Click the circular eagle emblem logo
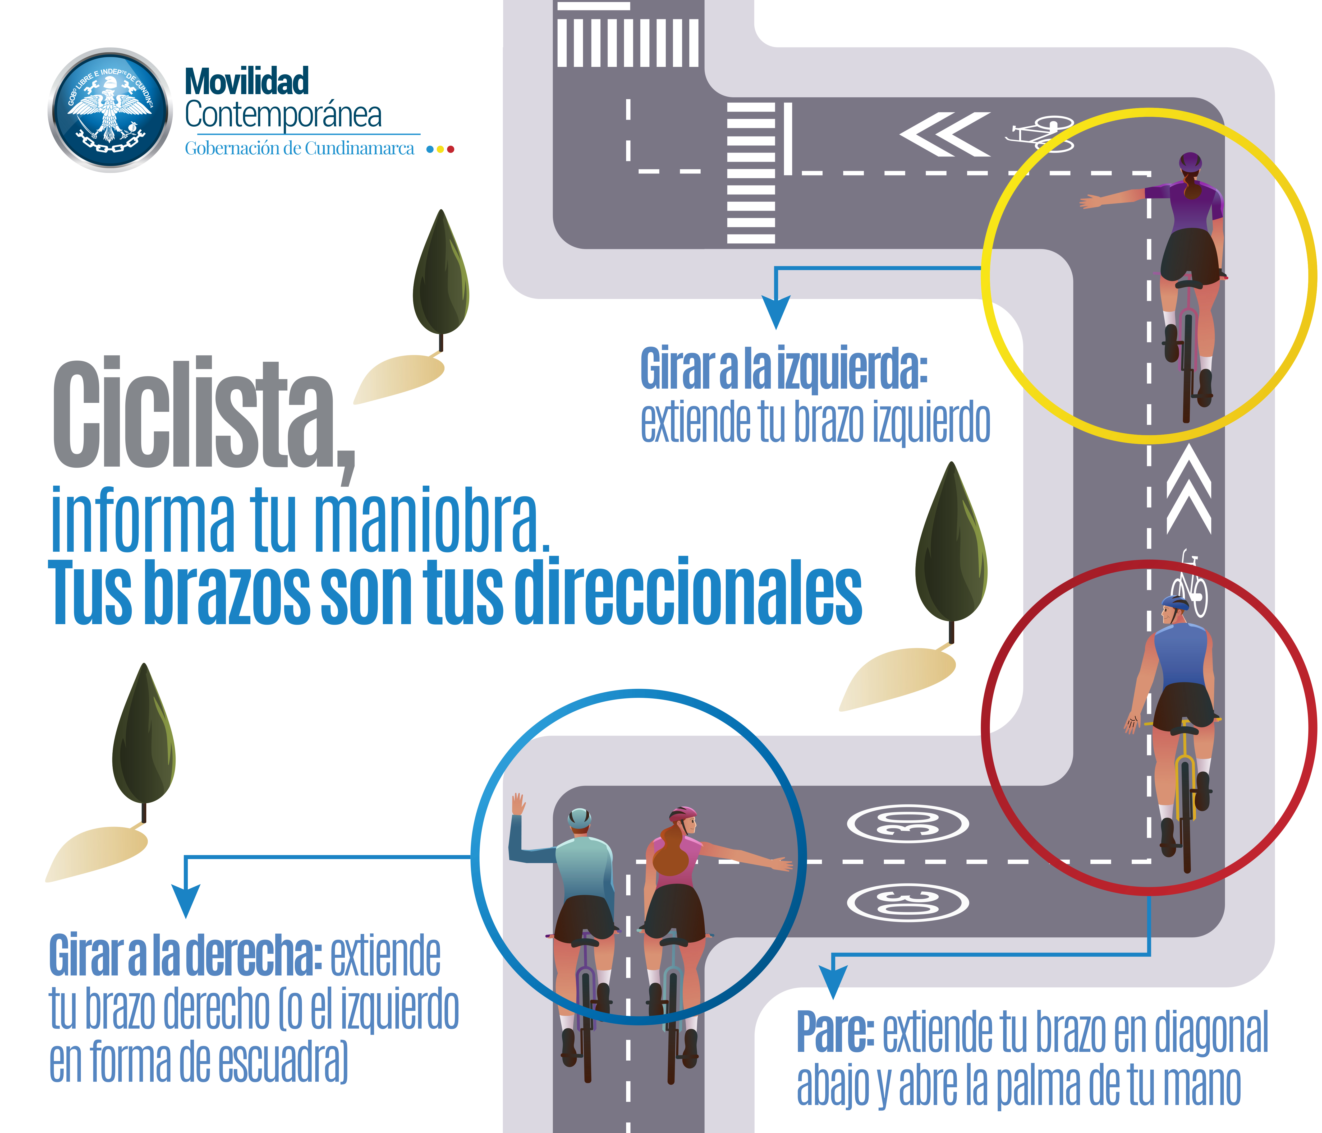[x=110, y=110]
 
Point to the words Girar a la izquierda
[x=783, y=369]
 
